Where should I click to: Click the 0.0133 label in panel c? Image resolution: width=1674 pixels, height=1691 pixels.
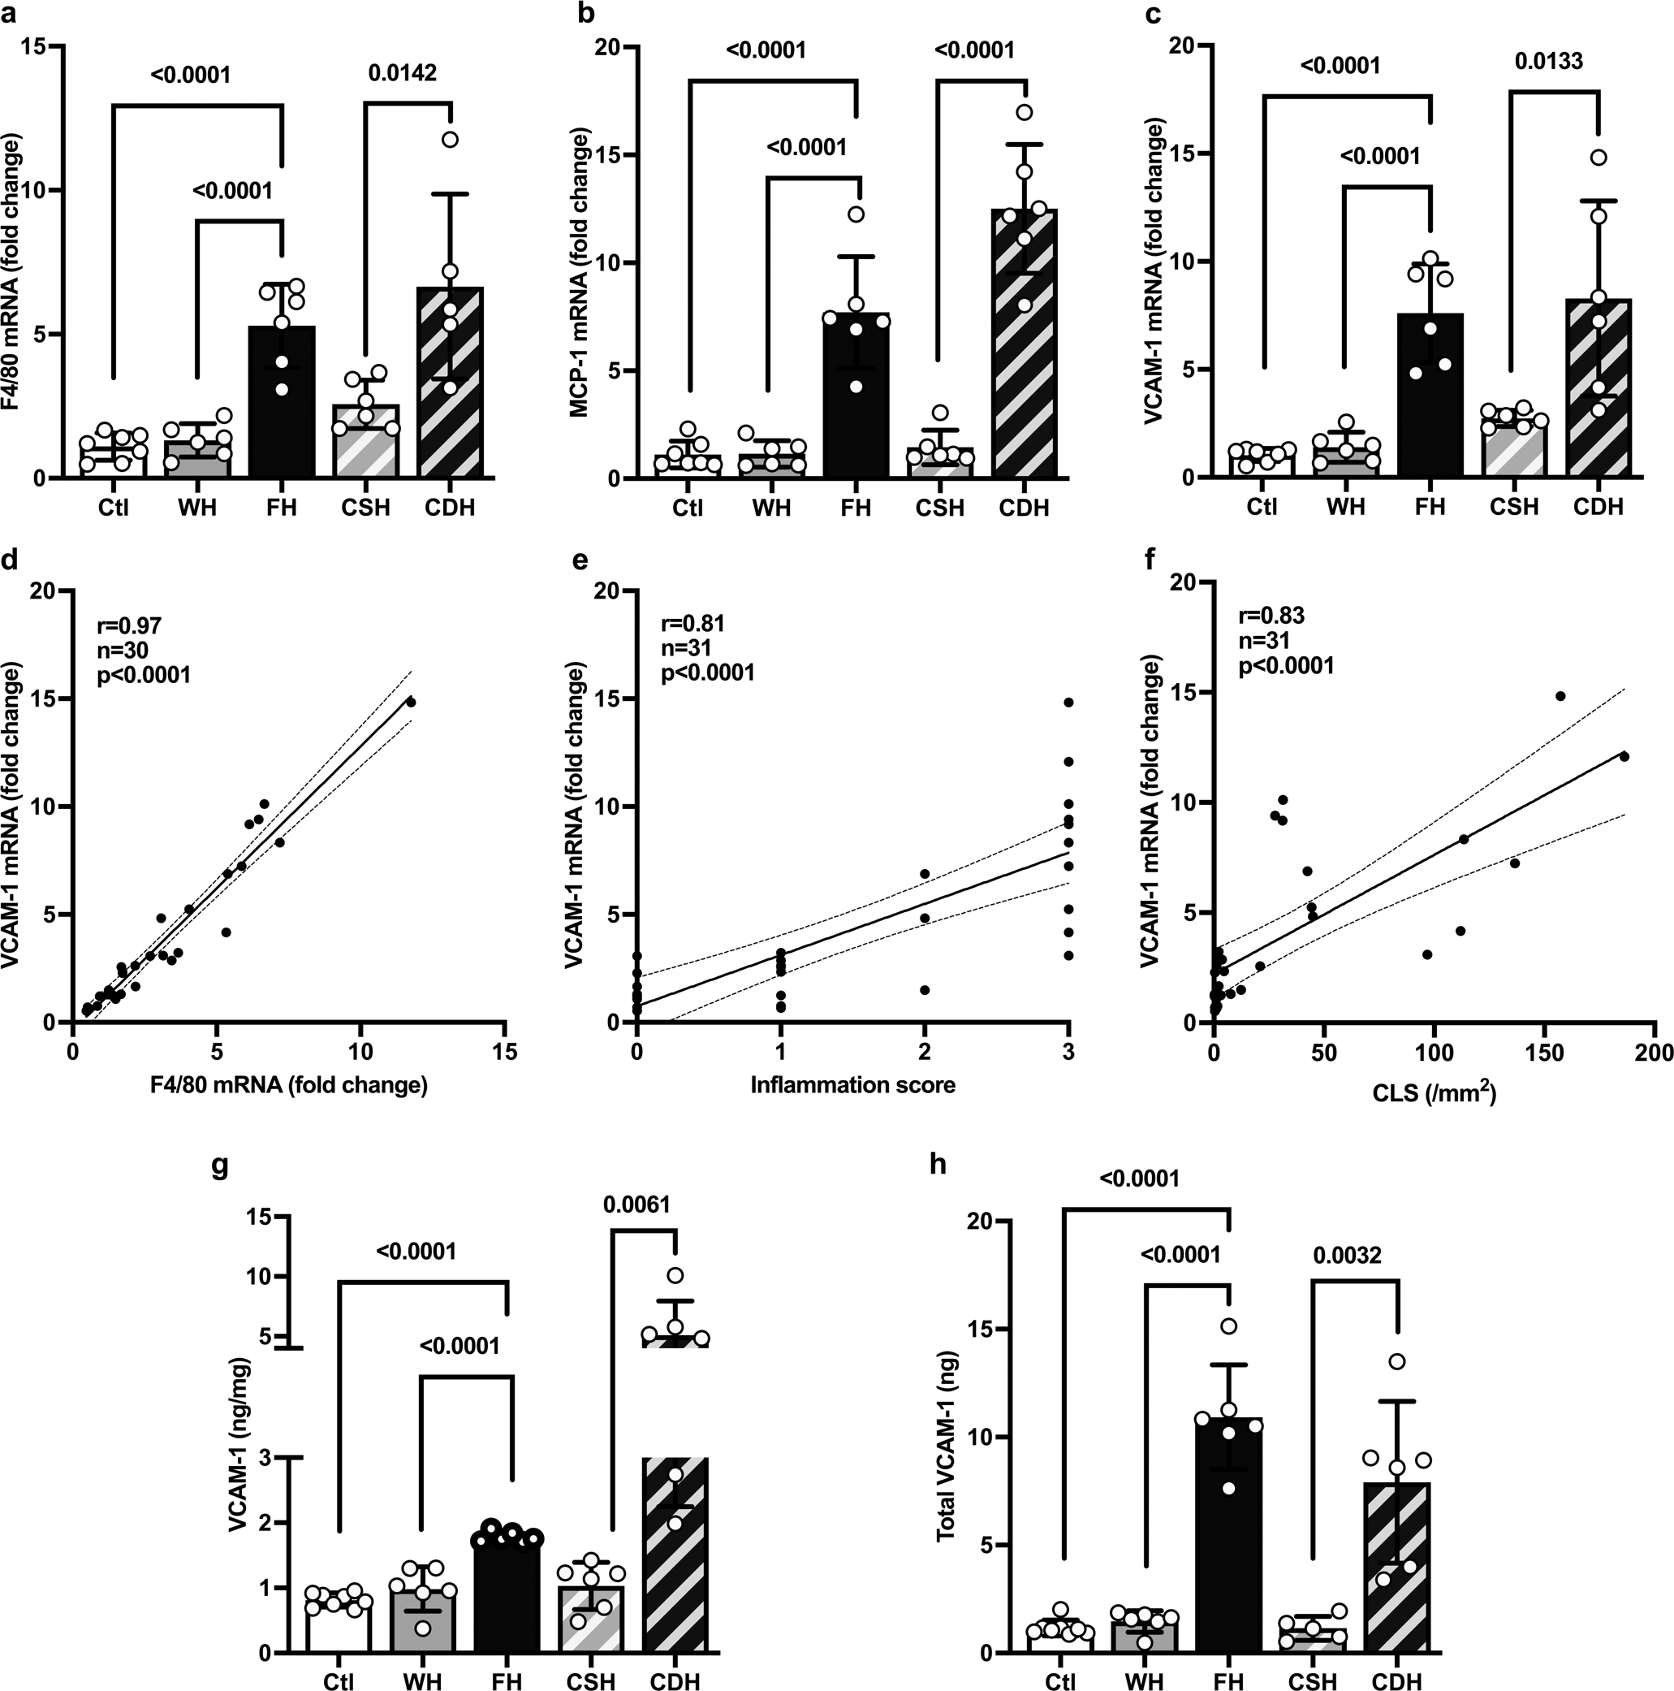point(1549,61)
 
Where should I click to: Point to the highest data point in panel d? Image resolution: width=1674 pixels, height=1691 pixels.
point(412,702)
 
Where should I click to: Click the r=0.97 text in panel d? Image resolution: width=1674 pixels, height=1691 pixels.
point(128,626)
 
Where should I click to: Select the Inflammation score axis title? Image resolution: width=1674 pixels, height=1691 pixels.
point(852,1085)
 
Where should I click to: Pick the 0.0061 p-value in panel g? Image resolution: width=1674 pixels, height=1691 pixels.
point(636,1205)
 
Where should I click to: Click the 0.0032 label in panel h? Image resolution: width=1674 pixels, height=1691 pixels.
point(1348,1256)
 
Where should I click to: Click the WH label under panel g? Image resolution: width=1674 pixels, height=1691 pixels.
point(424,1680)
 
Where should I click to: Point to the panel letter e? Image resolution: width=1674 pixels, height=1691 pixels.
point(578,563)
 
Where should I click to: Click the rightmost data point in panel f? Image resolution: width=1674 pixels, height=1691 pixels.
point(1624,756)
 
